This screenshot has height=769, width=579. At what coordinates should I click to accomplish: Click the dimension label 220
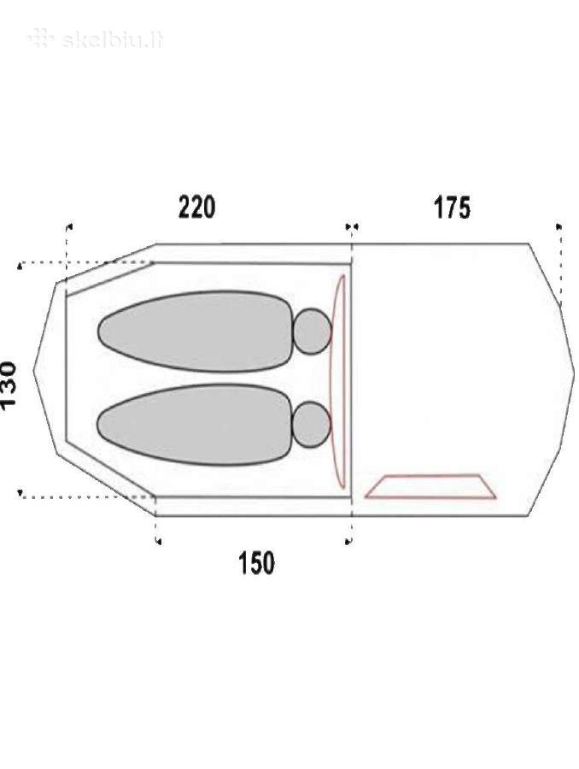click(x=196, y=207)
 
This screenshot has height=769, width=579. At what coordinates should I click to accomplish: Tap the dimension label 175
click(x=452, y=208)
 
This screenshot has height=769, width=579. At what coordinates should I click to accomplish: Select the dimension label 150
click(x=256, y=563)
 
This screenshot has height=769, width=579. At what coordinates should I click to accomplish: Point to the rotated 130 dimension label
click(x=9, y=384)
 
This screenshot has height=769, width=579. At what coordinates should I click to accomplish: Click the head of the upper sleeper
click(x=313, y=332)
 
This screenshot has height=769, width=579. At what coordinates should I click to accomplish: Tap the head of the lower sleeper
click(x=312, y=425)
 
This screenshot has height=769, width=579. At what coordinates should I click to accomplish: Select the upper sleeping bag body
click(x=196, y=332)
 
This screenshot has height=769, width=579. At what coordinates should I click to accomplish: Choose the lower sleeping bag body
click(x=196, y=425)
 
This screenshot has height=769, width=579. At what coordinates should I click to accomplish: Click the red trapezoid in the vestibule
click(x=430, y=486)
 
